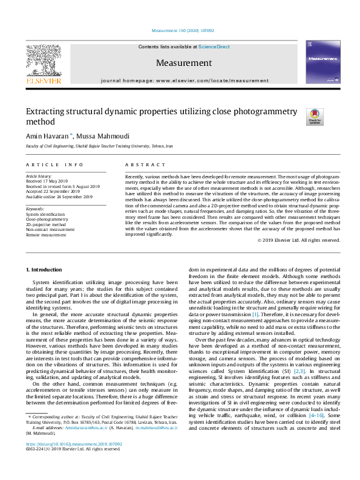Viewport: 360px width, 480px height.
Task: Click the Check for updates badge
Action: tap(315, 117)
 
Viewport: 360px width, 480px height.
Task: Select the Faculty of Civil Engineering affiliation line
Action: tap(99, 146)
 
